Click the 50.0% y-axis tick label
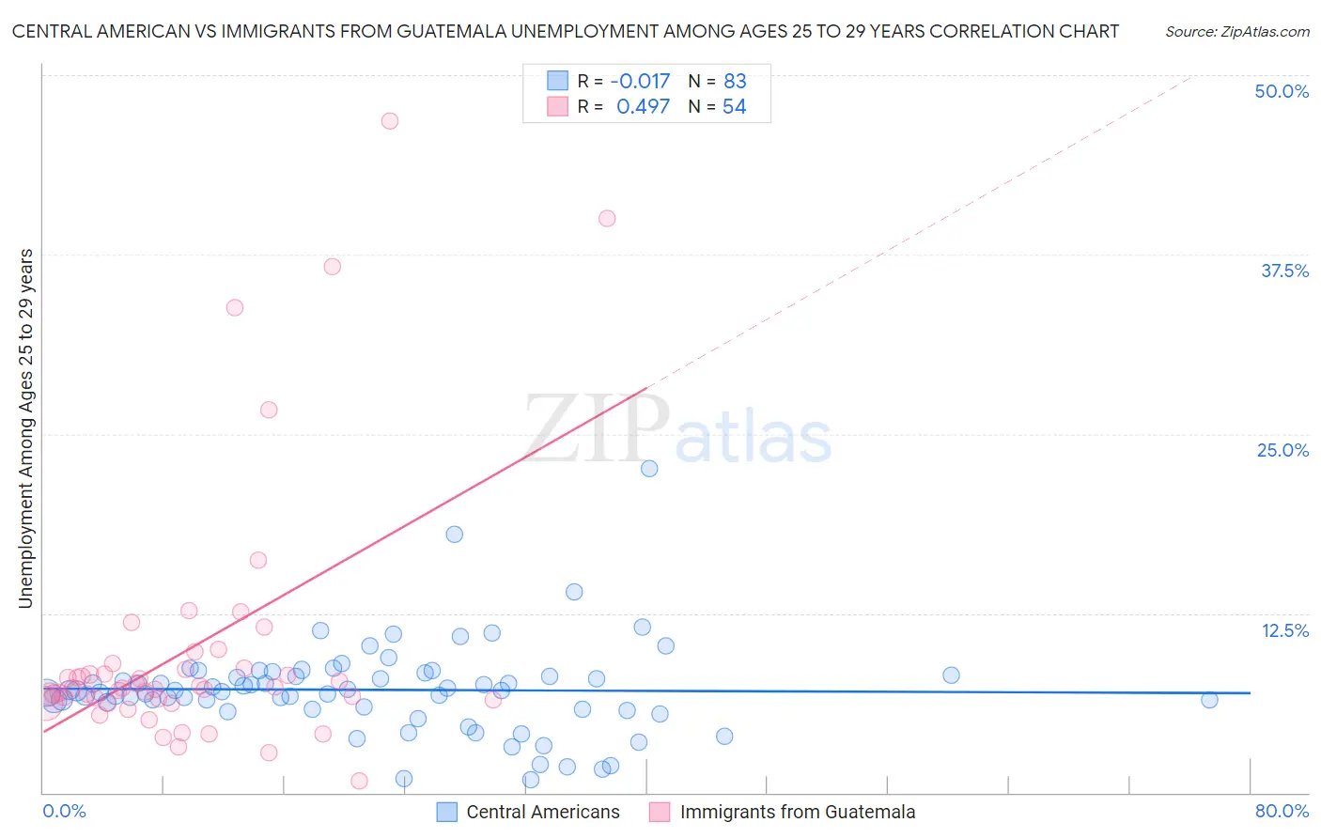pyautogui.click(x=1281, y=91)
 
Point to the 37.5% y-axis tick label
pyautogui.click(x=1283, y=271)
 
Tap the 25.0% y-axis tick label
pyautogui.click(x=1282, y=450)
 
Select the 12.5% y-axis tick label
pyautogui.click(x=1284, y=630)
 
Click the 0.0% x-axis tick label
pyautogui.click(x=64, y=811)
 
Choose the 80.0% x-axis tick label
pyautogui.click(x=1282, y=811)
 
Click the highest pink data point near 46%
pyautogui.click(x=390, y=120)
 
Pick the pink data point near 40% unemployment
pyautogui.click(x=607, y=218)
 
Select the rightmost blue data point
pyautogui.click(x=1209, y=699)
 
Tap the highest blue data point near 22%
pyautogui.click(x=649, y=468)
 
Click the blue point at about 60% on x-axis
pyautogui.click(x=951, y=675)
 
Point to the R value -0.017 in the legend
pyautogui.click(x=640, y=81)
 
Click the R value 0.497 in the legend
pyautogui.click(x=643, y=107)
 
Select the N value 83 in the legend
pyautogui.click(x=735, y=81)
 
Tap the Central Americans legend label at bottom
pyautogui.click(x=542, y=812)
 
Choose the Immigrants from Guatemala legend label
pyautogui.click(x=797, y=812)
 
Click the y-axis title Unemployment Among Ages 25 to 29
pyautogui.click(x=25, y=428)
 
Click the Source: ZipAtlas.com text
pyautogui.click(x=1236, y=31)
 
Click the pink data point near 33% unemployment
pyautogui.click(x=235, y=307)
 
